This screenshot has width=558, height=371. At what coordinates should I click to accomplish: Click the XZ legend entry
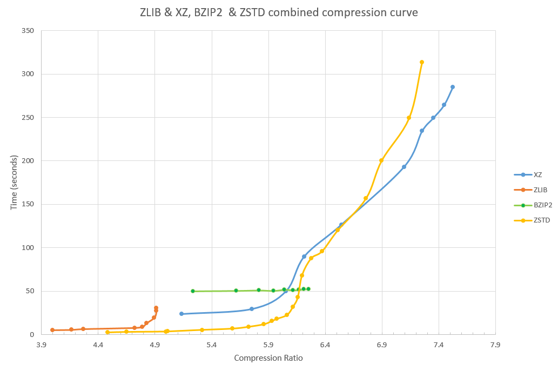[537, 174]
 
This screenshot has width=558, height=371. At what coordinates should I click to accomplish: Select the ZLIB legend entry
[540, 190]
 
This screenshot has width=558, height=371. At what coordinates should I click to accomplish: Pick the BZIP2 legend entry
[542, 205]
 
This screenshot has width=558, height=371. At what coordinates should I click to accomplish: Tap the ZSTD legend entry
[541, 220]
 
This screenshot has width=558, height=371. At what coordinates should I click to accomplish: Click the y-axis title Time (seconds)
[14, 182]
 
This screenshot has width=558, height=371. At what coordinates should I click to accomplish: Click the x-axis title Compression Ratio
[268, 358]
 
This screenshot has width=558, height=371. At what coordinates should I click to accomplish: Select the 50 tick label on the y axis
[30, 291]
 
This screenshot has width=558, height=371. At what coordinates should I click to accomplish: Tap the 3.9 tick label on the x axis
[41, 344]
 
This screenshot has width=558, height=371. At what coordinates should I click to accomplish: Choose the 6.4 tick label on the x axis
[325, 344]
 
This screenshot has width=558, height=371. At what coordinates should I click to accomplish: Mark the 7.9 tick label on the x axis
[495, 344]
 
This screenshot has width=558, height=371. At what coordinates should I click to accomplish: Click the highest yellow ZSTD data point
[422, 62]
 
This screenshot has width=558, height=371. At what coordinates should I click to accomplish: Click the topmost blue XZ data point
[453, 87]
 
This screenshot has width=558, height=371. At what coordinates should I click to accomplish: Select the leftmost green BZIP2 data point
[193, 291]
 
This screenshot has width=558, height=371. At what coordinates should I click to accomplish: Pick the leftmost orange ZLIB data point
[52, 330]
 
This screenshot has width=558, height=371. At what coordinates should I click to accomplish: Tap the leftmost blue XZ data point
[181, 314]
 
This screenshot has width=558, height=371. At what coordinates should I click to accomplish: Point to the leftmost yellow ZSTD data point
[107, 332]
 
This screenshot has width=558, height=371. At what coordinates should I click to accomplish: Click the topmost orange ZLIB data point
[156, 308]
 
